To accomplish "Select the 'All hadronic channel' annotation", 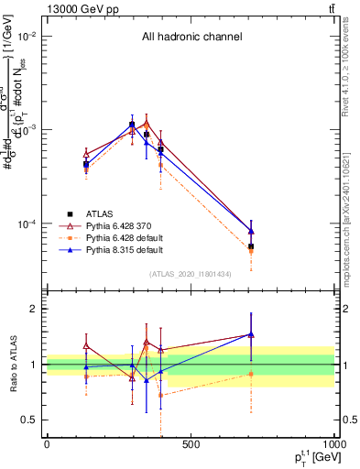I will pyautogui.click(x=191, y=38).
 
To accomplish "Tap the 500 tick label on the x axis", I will pyautogui.click(x=191, y=445).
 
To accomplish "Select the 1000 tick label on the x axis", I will pyautogui.click(x=333, y=445).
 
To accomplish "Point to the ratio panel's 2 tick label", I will pyautogui.click(x=33, y=309).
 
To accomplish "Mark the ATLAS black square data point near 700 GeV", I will pyautogui.click(x=250, y=246).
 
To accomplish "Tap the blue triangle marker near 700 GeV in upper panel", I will pyautogui.click(x=250, y=231).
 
